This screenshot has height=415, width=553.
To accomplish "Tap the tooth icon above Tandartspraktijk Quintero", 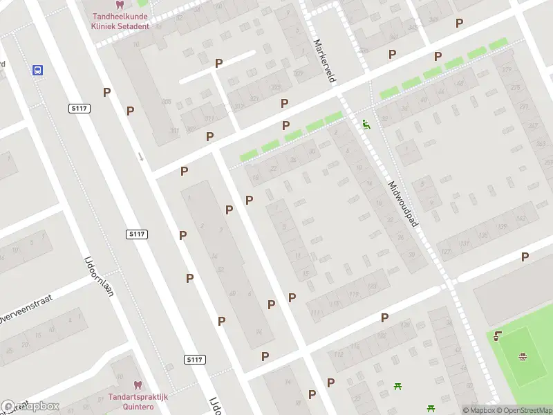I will click(137, 384).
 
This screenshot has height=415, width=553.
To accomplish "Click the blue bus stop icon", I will click(37, 70).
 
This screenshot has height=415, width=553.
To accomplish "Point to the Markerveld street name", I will click(324, 61).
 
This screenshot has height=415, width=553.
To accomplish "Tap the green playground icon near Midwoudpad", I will click(366, 124).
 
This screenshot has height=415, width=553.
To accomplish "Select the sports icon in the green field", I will click(523, 357).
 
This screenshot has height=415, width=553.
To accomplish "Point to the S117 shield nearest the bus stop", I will click(79, 109).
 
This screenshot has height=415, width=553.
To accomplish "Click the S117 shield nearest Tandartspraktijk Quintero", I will click(195, 360).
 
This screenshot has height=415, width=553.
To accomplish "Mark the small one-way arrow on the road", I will click(141, 156).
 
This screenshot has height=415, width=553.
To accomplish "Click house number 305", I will click(166, 102).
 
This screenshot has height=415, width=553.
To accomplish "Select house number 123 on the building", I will click(373, 286).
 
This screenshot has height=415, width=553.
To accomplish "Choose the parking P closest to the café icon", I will click(525, 257).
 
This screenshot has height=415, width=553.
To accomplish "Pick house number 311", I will click(209, 119).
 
